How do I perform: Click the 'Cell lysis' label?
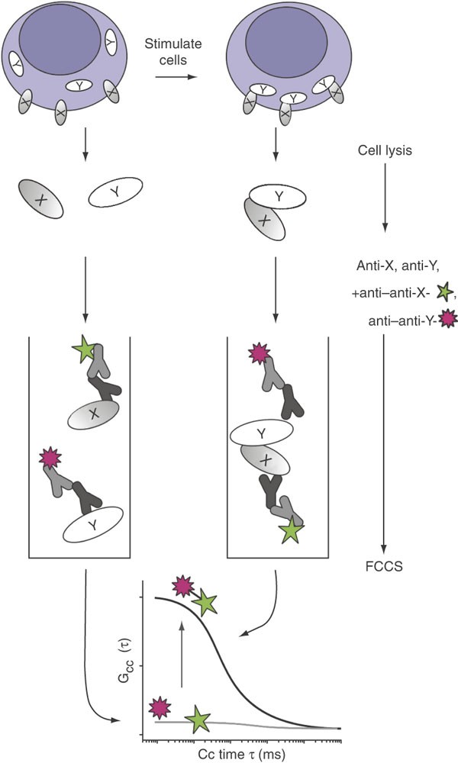[385, 150]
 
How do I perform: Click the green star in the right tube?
[290, 530]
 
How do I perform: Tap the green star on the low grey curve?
[198, 719]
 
